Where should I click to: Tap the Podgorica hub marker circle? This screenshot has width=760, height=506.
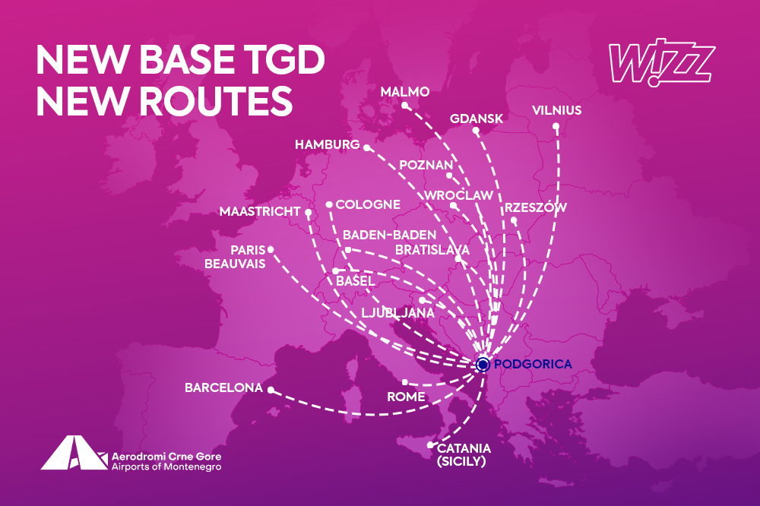[x=482, y=365]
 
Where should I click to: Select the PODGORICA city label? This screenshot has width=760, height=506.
[x=532, y=365]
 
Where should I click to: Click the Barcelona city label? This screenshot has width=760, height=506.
[x=223, y=388]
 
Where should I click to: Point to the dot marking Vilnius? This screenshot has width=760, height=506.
[x=556, y=127]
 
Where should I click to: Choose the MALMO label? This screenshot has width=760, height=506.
[x=405, y=92]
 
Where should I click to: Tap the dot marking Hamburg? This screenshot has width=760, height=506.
[x=366, y=147]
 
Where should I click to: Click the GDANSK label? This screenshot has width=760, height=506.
[x=477, y=119]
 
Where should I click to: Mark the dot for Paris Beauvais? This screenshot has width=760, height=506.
[x=271, y=249]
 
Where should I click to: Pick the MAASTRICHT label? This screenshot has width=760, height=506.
[x=259, y=211]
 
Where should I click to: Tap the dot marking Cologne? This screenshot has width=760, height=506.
[x=328, y=204]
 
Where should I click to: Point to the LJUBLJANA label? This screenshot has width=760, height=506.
[x=397, y=312]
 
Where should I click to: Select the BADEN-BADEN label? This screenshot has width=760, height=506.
[x=389, y=235]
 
